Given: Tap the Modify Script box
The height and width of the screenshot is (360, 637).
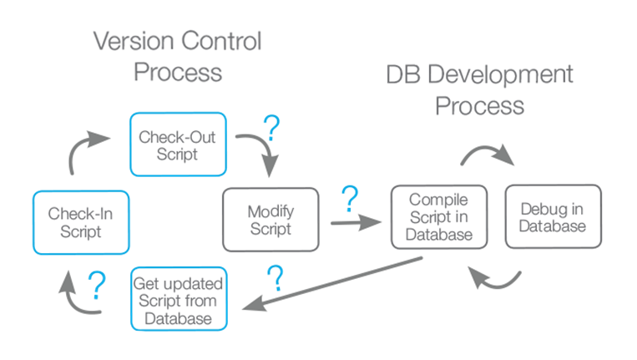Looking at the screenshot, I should pos(270,219).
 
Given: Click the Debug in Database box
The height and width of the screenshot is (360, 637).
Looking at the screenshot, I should pos(552,216).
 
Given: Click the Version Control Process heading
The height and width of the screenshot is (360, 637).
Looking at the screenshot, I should pos(177,56).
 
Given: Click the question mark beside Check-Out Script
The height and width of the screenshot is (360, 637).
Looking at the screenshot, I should pos(270,128).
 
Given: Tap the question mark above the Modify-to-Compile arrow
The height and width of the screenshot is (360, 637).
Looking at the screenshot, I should pos(350,198).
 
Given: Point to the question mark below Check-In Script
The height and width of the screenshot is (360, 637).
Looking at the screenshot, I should pos(97,285).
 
